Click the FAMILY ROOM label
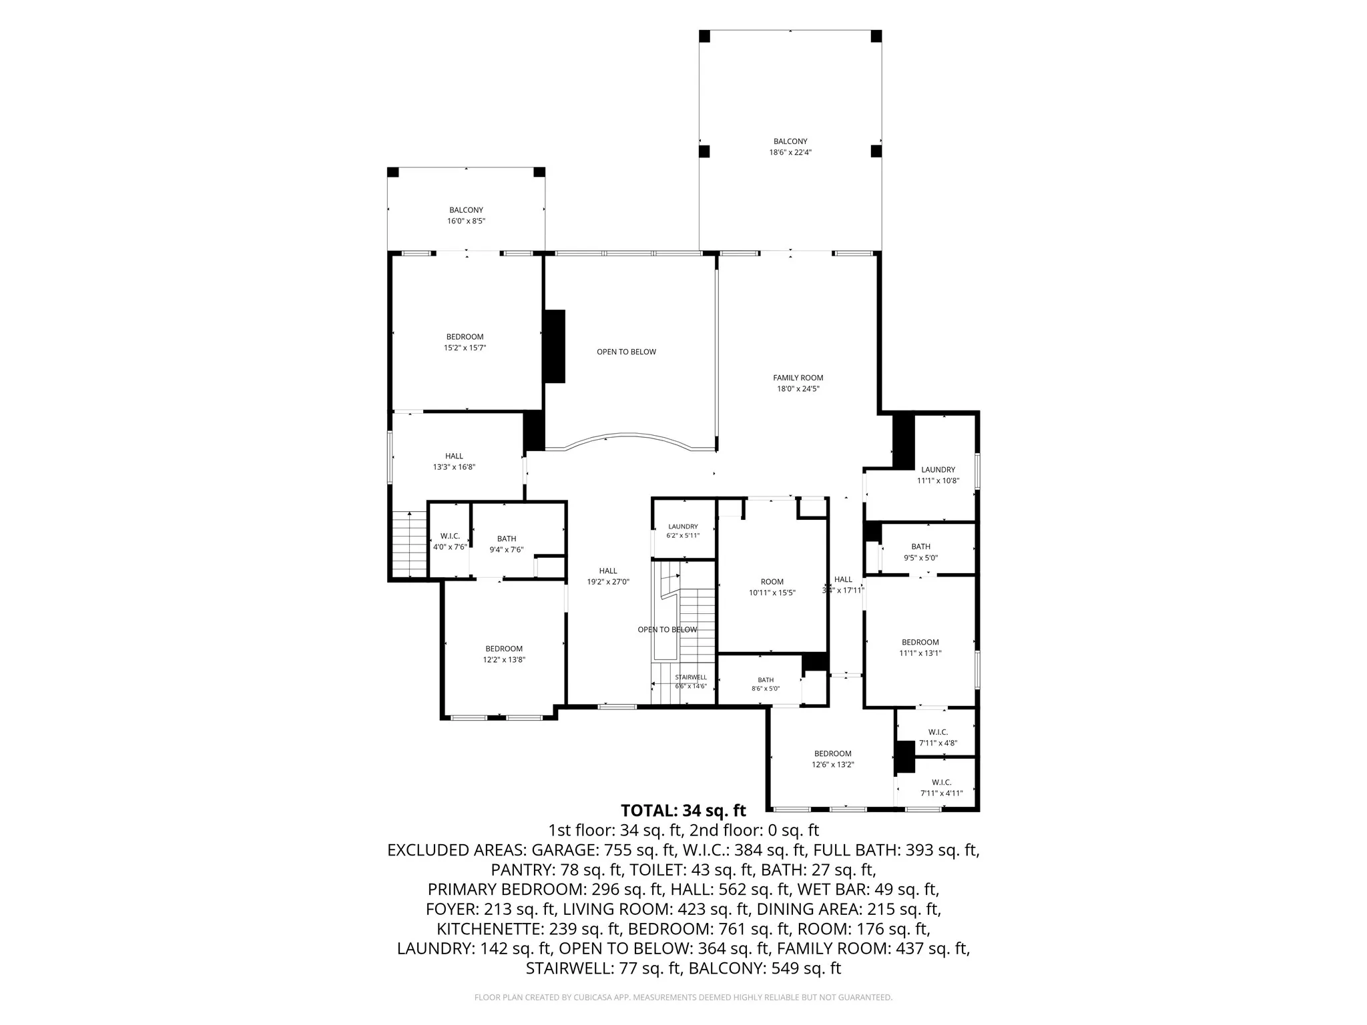(798, 378)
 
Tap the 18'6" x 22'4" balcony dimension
(790, 152)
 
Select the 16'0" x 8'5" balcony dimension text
(466, 221)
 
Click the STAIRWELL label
(690, 677)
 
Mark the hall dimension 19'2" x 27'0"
(608, 582)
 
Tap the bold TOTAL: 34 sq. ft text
(683, 811)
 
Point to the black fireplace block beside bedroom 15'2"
(554, 346)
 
